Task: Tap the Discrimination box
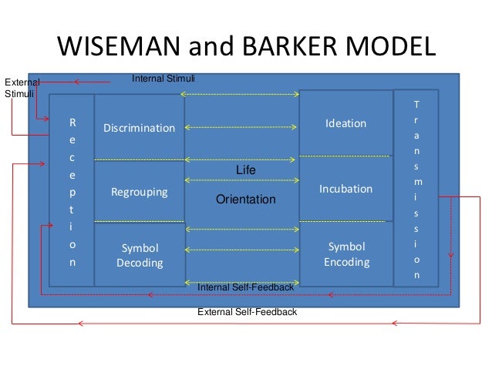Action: coord(140,128)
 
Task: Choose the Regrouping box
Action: coord(140,192)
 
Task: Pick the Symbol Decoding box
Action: coord(140,255)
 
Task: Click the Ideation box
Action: coord(345,123)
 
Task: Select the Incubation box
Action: coord(345,189)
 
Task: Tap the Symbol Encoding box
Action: coord(345,254)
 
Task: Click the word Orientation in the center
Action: coord(245,200)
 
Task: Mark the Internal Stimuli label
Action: coord(163,79)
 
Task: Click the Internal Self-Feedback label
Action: coord(245,287)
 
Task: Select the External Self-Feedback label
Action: coord(247,313)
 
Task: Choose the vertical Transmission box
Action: coord(416,189)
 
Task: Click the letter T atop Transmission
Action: coord(416,104)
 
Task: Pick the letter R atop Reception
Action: coord(72,122)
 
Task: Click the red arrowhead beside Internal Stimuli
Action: coord(77,81)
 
